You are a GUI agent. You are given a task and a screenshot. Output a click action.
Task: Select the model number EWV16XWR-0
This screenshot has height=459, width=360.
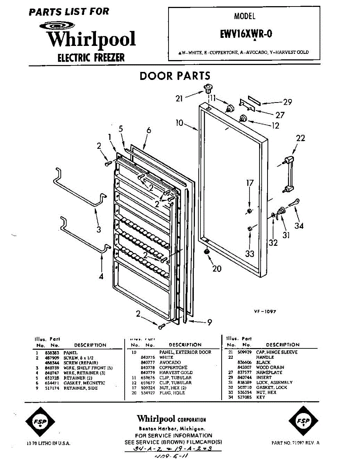coord(246,34)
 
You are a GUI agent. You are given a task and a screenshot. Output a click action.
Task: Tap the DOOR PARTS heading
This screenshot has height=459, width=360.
coord(175,76)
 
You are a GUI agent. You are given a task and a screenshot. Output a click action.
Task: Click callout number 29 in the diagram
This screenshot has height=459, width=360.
coord(287,102)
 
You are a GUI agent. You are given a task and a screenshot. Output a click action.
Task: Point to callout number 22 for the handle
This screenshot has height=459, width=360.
coord(301,138)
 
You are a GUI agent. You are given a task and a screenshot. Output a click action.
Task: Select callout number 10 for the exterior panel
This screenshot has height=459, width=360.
coord(180,123)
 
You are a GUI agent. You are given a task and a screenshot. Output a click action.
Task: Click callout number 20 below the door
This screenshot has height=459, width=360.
coord(217,269)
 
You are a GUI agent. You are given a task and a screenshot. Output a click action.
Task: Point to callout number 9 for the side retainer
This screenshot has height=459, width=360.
coord(209,322)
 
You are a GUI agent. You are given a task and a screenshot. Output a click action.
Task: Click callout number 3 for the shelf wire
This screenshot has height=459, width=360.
coord(99,229)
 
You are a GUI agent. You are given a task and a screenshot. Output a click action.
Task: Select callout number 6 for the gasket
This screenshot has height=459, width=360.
coord(149,130)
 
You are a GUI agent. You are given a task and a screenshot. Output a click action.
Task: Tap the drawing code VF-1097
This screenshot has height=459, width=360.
coord(265,312)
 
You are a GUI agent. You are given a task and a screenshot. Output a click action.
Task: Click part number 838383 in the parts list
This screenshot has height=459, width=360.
coord(51,353)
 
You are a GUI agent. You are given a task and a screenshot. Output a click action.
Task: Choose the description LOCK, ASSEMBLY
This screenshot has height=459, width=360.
coord(274,382)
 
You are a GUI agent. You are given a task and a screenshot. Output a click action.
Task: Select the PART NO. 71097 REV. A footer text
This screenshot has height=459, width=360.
coord(295,443)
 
